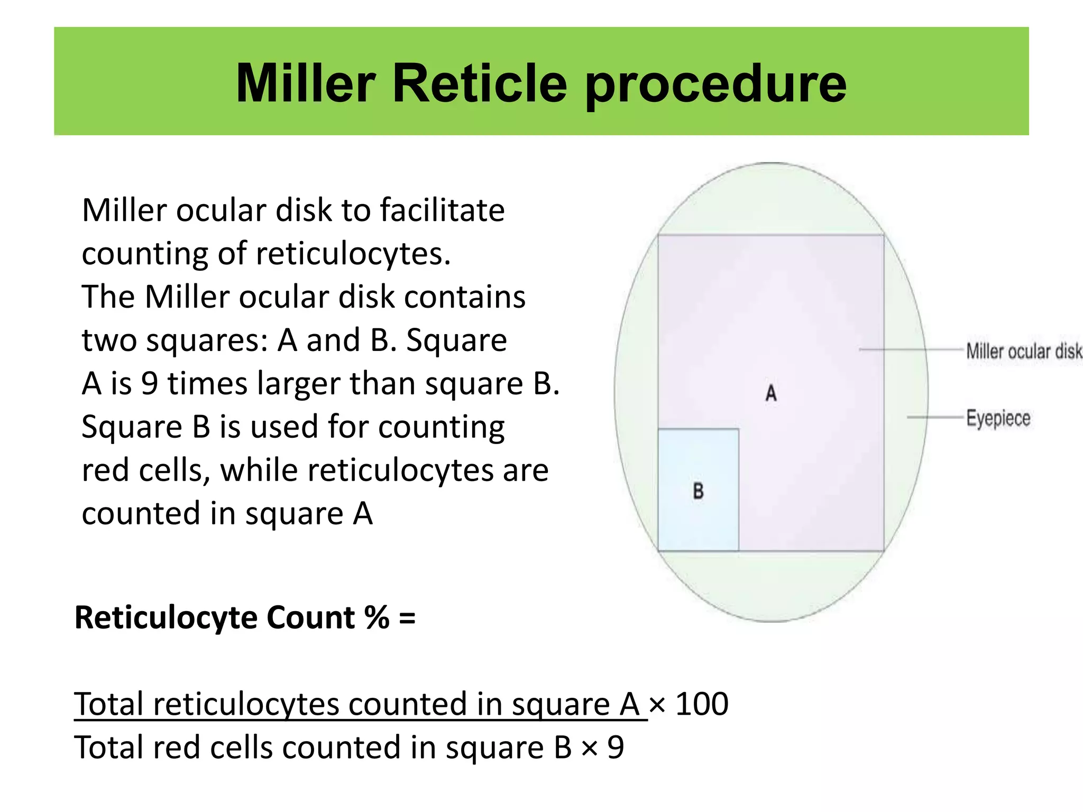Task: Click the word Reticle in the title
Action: tap(480, 84)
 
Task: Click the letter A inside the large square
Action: tap(771, 393)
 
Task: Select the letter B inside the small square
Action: tap(698, 491)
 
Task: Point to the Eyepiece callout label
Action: tap(998, 418)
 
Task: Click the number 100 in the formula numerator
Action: tap(702, 704)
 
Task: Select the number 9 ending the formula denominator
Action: tap(616, 748)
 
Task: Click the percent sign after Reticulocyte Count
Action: tap(377, 617)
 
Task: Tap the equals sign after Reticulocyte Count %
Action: tap(407, 617)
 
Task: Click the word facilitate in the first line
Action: tap(442, 210)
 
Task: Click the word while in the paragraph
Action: tap(259, 470)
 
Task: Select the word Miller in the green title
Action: tap(305, 84)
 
